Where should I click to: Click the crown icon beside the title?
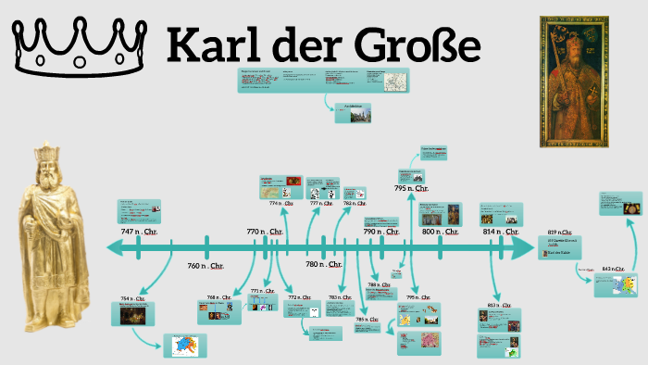point(81,46)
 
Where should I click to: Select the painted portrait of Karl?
point(575,82)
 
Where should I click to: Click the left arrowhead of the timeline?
point(117,247)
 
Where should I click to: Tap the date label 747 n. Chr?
point(140,231)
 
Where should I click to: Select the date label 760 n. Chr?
point(206,266)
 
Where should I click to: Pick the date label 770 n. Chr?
point(265,231)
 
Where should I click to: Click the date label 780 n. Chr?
point(325,265)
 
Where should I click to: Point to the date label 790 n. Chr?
point(380,232)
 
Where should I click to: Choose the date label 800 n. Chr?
point(440,232)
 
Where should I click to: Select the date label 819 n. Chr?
point(558,232)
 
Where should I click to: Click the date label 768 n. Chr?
point(219,297)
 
